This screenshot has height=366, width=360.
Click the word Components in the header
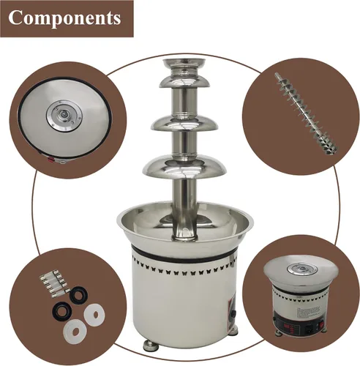pyautogui.click(x=64, y=18)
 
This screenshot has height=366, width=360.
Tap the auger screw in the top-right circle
pyautogui.click(x=306, y=113)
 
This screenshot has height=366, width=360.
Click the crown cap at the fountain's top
pyautogui.click(x=184, y=67)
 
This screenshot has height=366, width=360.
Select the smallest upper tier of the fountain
pyautogui.click(x=184, y=81)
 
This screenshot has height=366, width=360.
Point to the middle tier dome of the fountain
pyautogui.click(x=184, y=123)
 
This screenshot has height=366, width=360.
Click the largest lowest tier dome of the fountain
pyautogui.click(x=184, y=167)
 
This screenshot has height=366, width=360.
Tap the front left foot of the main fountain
pyautogui.click(x=150, y=346)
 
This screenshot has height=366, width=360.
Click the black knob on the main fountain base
pyautogui.click(x=233, y=313)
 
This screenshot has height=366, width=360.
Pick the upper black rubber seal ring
pyautogui.click(x=78, y=294)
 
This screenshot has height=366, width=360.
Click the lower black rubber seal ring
pyautogui.click(x=61, y=310)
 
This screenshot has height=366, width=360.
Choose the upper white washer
pyautogui.click(x=94, y=315)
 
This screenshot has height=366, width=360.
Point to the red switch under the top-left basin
pyautogui.click(x=51, y=160)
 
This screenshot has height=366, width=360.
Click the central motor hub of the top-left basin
pyautogui.click(x=64, y=115)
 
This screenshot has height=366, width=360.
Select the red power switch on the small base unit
pyautogui.click(x=322, y=324)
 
